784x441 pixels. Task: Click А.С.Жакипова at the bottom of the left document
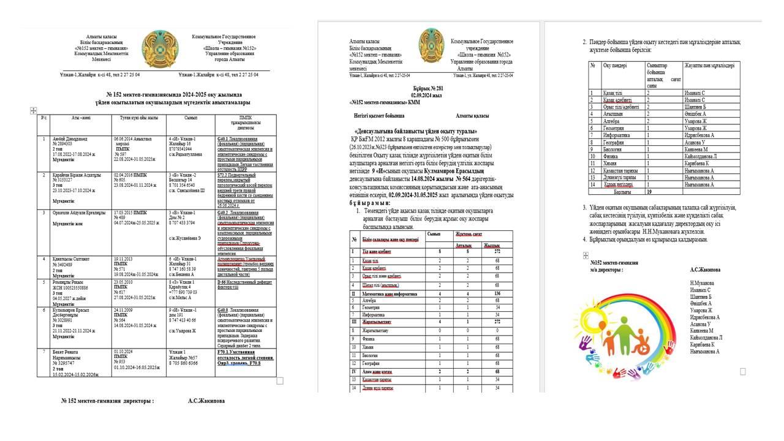coord(206,401)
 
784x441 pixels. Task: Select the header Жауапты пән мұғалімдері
coord(709,65)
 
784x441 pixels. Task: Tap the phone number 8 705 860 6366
coord(186,363)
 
